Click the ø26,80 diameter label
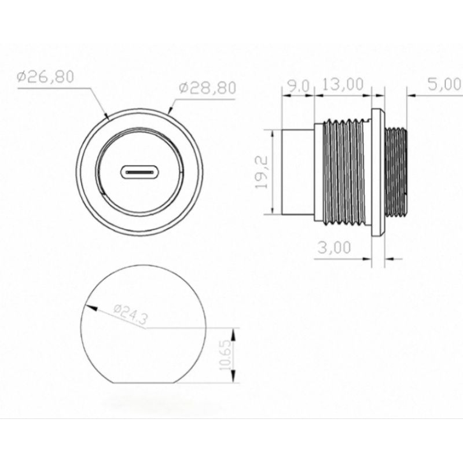[45, 77]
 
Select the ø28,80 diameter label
[208, 88]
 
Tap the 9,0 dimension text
[298, 86]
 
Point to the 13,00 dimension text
[343, 84]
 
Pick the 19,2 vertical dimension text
[262, 172]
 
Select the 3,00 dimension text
[335, 248]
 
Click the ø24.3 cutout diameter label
[130, 314]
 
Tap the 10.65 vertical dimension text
[225, 355]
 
